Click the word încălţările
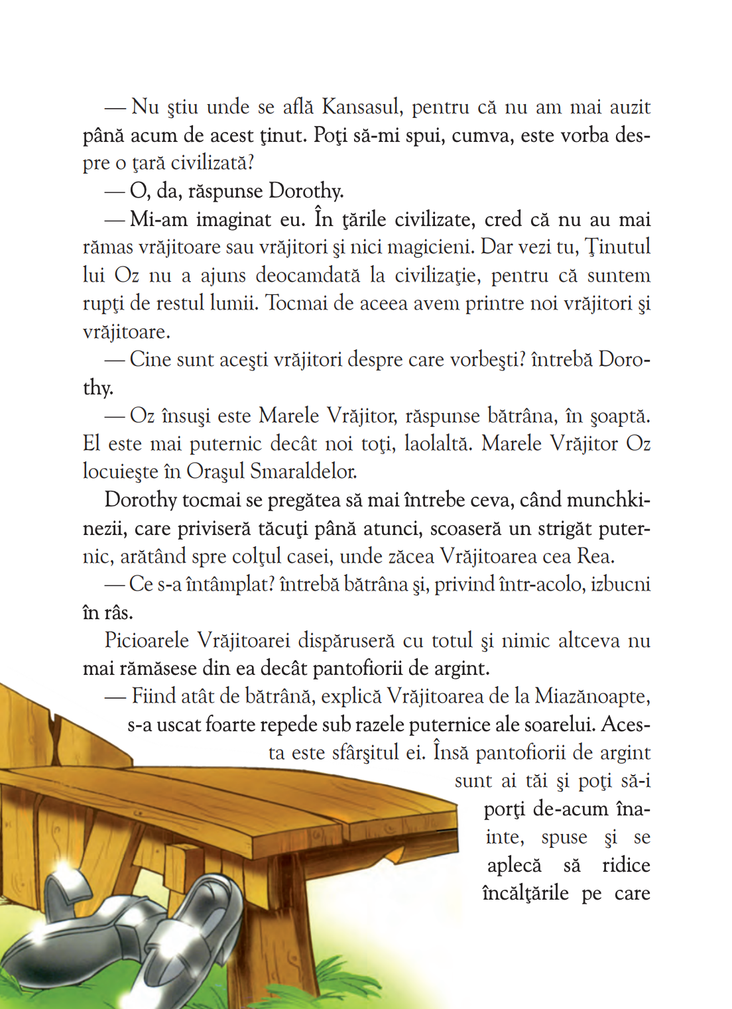point(525,893)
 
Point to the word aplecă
point(514,865)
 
